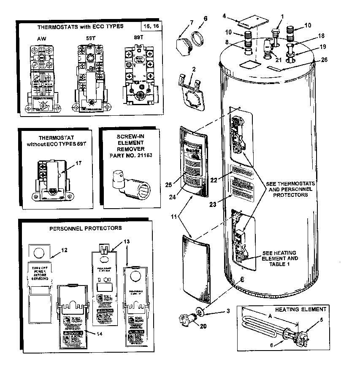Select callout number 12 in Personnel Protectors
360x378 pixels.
[64, 250]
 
